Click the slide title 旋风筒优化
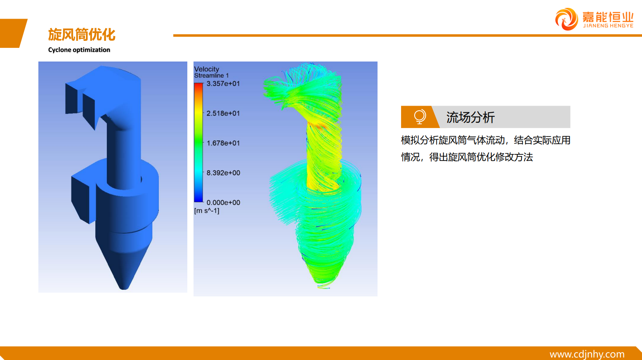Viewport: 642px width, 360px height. coord(82,35)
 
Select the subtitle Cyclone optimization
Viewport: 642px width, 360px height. coord(79,50)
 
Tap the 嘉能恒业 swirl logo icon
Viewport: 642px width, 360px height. coord(566,19)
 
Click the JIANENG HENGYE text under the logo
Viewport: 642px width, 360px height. coord(608,26)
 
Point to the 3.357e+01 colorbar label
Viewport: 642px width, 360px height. coord(223,84)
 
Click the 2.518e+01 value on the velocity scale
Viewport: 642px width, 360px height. coord(223,113)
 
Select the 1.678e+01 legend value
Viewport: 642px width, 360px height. coord(223,143)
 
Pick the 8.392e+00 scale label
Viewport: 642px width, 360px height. coord(223,173)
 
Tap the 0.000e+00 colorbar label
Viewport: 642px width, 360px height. coord(223,203)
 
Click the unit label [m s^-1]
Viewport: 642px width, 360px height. coord(207,211)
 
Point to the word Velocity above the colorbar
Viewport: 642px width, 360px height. coord(206,69)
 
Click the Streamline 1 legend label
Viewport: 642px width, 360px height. coord(211,76)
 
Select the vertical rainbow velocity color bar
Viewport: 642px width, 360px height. coord(198,142)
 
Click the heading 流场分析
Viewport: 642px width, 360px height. coord(470,117)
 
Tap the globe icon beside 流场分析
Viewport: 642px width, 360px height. coord(420,117)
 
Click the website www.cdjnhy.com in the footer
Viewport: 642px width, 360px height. coord(587,354)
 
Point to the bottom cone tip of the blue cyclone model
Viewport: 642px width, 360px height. coord(124,288)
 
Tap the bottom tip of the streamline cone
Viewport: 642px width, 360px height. coord(324,287)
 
